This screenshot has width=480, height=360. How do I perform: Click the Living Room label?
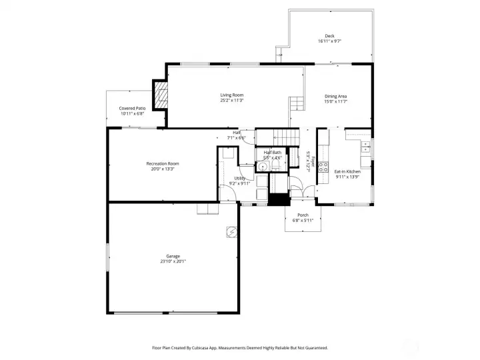[x=232, y=95]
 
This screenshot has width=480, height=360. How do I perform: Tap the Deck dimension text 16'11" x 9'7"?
[x=329, y=41]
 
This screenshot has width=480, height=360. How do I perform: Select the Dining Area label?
[x=335, y=96]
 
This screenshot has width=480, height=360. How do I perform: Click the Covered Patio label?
[x=132, y=108]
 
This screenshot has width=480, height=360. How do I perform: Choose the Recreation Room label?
[x=163, y=163]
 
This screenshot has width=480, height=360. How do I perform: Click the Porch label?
[x=303, y=215]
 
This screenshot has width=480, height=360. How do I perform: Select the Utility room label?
[x=239, y=178]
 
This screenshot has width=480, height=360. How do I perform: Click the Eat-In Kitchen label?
[x=347, y=171]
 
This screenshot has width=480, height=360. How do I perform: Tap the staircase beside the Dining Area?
[x=296, y=103]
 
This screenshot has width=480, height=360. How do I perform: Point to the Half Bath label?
[x=272, y=152]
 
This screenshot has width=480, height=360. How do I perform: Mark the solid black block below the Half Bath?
[x=277, y=199]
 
